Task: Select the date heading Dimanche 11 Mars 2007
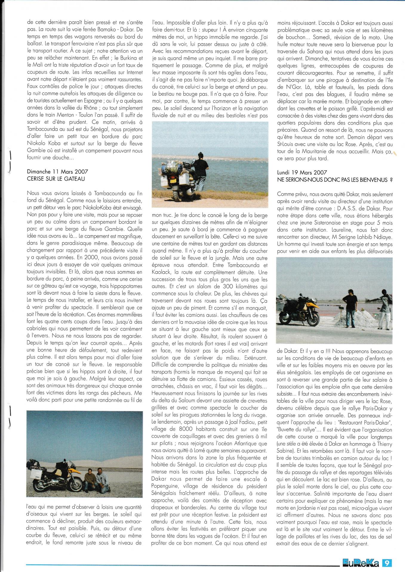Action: click(57, 172)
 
